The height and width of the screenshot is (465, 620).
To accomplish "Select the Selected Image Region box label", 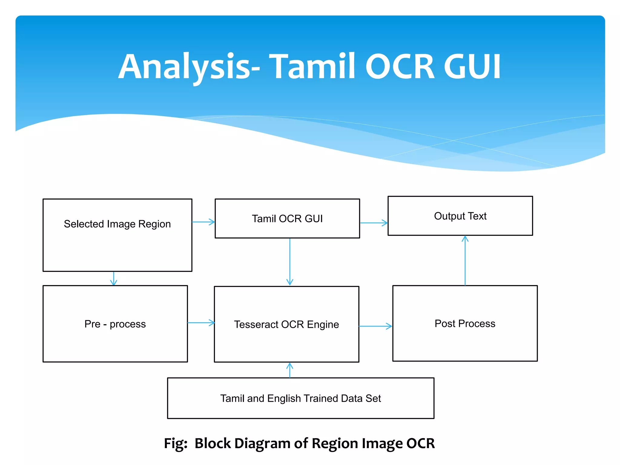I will click(117, 224).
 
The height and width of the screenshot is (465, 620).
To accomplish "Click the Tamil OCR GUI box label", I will click(287, 219).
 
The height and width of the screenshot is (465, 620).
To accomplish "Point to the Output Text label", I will click(460, 216).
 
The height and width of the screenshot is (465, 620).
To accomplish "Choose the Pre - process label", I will click(115, 324).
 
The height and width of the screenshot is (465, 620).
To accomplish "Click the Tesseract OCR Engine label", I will click(286, 325).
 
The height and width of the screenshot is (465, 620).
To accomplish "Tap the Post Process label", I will click(465, 324).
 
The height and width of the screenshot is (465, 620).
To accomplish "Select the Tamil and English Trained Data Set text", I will click(300, 398).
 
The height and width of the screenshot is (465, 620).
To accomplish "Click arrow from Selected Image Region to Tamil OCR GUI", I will click(203, 222).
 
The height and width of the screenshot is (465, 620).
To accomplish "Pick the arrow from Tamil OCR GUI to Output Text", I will click(374, 223).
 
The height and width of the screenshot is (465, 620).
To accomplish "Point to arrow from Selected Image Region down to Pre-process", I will click(114, 279).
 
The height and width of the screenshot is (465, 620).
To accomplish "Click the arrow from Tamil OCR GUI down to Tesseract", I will click(290, 262).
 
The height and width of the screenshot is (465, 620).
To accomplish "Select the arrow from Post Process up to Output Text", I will click(465, 260).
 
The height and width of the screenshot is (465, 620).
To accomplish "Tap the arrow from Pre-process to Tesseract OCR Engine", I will click(201, 323).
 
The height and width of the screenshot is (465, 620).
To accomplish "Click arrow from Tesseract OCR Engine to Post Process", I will click(375, 326).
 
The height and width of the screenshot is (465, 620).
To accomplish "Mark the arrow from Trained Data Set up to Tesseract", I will click(290, 370).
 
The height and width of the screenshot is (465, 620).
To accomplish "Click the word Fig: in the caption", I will click(176, 444).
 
